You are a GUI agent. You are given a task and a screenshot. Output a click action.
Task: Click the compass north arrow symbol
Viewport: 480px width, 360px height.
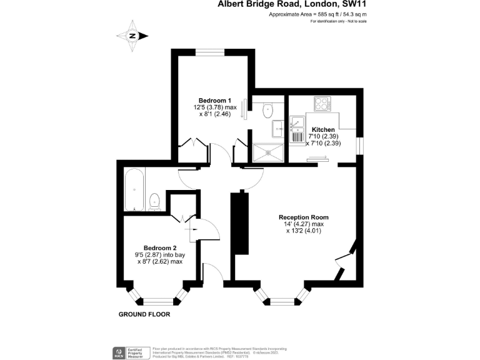point(133,36)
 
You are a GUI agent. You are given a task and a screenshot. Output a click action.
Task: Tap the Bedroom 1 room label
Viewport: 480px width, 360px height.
point(215,101)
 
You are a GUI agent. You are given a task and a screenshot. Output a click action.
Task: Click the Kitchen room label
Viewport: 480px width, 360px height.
point(323,129)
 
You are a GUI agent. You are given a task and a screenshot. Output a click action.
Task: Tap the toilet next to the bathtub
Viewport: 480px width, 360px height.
point(155,202)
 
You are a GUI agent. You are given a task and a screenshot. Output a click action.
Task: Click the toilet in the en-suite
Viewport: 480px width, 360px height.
point(269,109)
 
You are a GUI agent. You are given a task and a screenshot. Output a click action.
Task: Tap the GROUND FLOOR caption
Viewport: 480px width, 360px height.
point(144,314)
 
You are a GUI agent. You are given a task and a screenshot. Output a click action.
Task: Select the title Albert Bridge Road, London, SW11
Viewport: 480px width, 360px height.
point(292,4)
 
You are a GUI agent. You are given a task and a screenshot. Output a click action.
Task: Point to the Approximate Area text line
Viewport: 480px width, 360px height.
point(317,14)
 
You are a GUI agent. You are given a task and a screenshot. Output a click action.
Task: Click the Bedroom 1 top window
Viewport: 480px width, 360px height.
point(213,52)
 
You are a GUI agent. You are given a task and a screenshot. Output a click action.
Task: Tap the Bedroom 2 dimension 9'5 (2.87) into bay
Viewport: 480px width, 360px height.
point(160,254)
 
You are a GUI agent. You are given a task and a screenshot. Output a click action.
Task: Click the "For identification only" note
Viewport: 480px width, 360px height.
point(338,21)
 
